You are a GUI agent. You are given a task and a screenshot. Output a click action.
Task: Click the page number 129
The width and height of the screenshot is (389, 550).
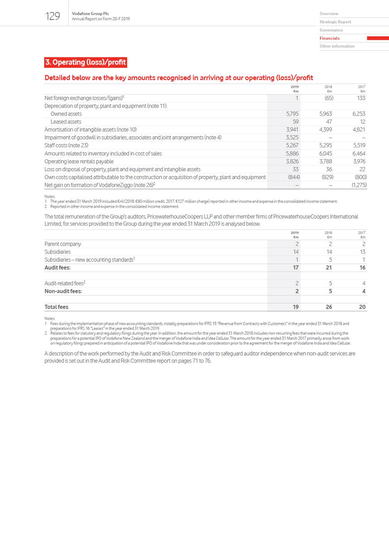pos(52,16)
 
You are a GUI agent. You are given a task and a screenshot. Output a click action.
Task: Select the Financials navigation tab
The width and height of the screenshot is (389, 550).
pos(330,38)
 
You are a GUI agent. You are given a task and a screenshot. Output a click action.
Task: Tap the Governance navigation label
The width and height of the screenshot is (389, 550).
pos(331,30)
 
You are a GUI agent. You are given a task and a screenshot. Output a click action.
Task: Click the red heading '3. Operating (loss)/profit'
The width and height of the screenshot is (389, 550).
pos(85,62)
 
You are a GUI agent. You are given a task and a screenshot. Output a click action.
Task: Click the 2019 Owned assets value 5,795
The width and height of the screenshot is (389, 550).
pos(292,114)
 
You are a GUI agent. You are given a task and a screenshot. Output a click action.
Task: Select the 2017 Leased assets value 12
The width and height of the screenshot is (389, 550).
pos(362,121)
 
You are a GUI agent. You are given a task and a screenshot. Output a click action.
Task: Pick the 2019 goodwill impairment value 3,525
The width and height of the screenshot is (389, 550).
pos(292,137)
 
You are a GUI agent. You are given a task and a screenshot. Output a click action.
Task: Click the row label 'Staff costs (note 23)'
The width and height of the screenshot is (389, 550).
pos(66,145)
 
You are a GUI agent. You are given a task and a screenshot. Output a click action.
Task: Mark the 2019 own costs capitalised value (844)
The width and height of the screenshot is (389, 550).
pos(294,177)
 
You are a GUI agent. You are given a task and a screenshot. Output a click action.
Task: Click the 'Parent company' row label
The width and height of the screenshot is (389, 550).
pos(63,244)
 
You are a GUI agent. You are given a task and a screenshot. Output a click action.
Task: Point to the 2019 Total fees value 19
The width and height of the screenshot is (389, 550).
pos(296,307)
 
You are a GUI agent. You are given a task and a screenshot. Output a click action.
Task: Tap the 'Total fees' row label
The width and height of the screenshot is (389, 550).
pos(56,307)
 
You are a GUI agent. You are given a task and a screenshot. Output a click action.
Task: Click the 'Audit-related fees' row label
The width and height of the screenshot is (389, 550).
pos(64,283)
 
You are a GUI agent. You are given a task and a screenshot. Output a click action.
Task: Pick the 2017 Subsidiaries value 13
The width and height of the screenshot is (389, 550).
pos(362,252)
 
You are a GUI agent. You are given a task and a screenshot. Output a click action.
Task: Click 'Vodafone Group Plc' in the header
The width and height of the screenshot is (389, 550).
pos(90,13)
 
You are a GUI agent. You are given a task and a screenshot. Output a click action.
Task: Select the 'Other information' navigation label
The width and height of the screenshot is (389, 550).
pos(337,46)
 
